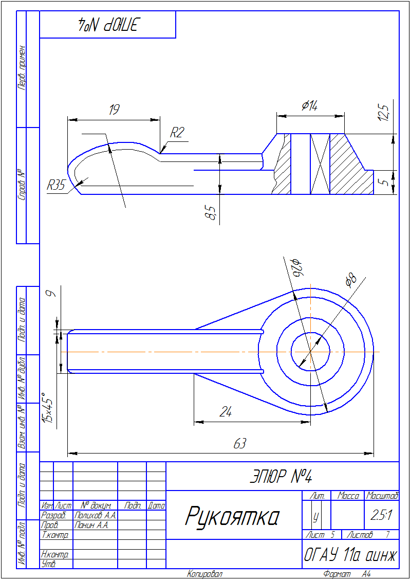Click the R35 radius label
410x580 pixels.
pyautogui.click(x=56, y=185)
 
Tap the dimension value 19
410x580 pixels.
pyautogui.click(x=114, y=110)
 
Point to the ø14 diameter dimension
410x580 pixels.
pyautogui.click(x=309, y=106)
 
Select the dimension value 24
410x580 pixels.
pyautogui.click(x=226, y=412)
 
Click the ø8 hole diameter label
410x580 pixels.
pyautogui.click(x=350, y=280)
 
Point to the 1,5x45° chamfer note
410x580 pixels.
pyautogui.click(x=49, y=406)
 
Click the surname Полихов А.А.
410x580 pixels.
pyautogui.click(x=96, y=515)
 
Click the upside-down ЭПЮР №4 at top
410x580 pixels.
pyautogui.click(x=108, y=24)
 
